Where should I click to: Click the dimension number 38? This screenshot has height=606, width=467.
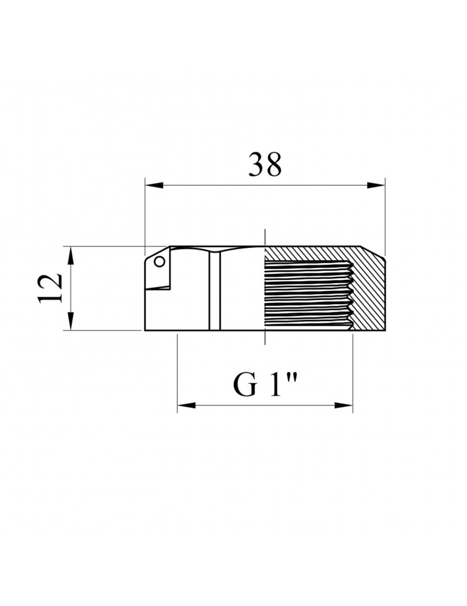265,164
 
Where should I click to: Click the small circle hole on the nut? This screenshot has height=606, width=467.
159,262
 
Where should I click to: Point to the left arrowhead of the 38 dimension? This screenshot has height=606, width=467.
154,185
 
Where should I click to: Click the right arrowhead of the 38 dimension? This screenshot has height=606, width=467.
376,185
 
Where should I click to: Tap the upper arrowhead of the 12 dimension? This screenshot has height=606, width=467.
70,255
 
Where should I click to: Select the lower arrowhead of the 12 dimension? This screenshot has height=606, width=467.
70,321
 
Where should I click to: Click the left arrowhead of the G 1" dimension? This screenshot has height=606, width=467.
186,405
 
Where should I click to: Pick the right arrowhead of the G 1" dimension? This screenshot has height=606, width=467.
343,405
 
